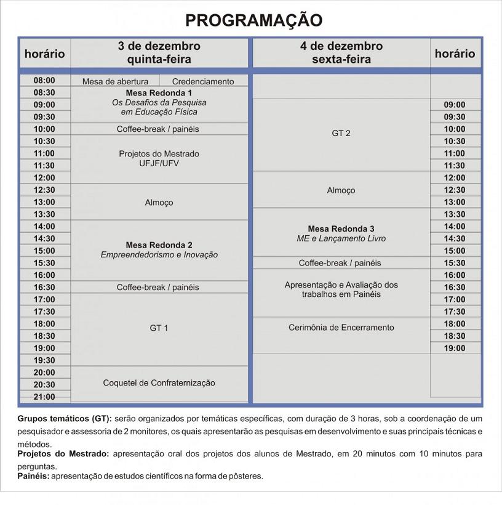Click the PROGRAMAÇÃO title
253,20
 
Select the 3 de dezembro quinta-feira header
159,53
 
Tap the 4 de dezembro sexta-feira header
341,53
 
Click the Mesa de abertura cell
115,81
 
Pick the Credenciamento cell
203,81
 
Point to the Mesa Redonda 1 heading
159,93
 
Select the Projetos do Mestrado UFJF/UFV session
159,159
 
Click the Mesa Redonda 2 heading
159,244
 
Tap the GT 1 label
159,328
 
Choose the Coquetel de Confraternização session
159,383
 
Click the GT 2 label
341,134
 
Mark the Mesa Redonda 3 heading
341,228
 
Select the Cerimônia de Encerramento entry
341,328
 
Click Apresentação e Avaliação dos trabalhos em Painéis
341,289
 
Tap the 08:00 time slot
44,80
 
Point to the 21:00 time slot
44,397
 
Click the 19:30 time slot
44,360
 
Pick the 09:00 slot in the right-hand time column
455,105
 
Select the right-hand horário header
455,54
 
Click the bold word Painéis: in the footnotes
33,476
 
